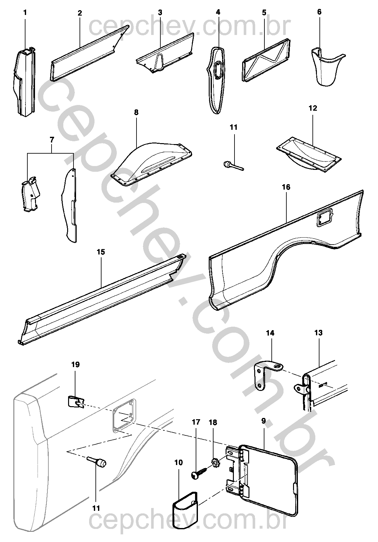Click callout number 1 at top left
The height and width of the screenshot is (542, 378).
pos(25,13)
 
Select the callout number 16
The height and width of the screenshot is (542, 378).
pos(286,187)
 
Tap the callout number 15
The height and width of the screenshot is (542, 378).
pos(101,252)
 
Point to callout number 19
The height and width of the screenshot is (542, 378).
pos(75,365)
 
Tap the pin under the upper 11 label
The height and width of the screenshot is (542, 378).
pos(232,166)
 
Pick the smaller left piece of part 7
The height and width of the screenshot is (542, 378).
pos(31,194)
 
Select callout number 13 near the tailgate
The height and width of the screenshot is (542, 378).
pos(318,333)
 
